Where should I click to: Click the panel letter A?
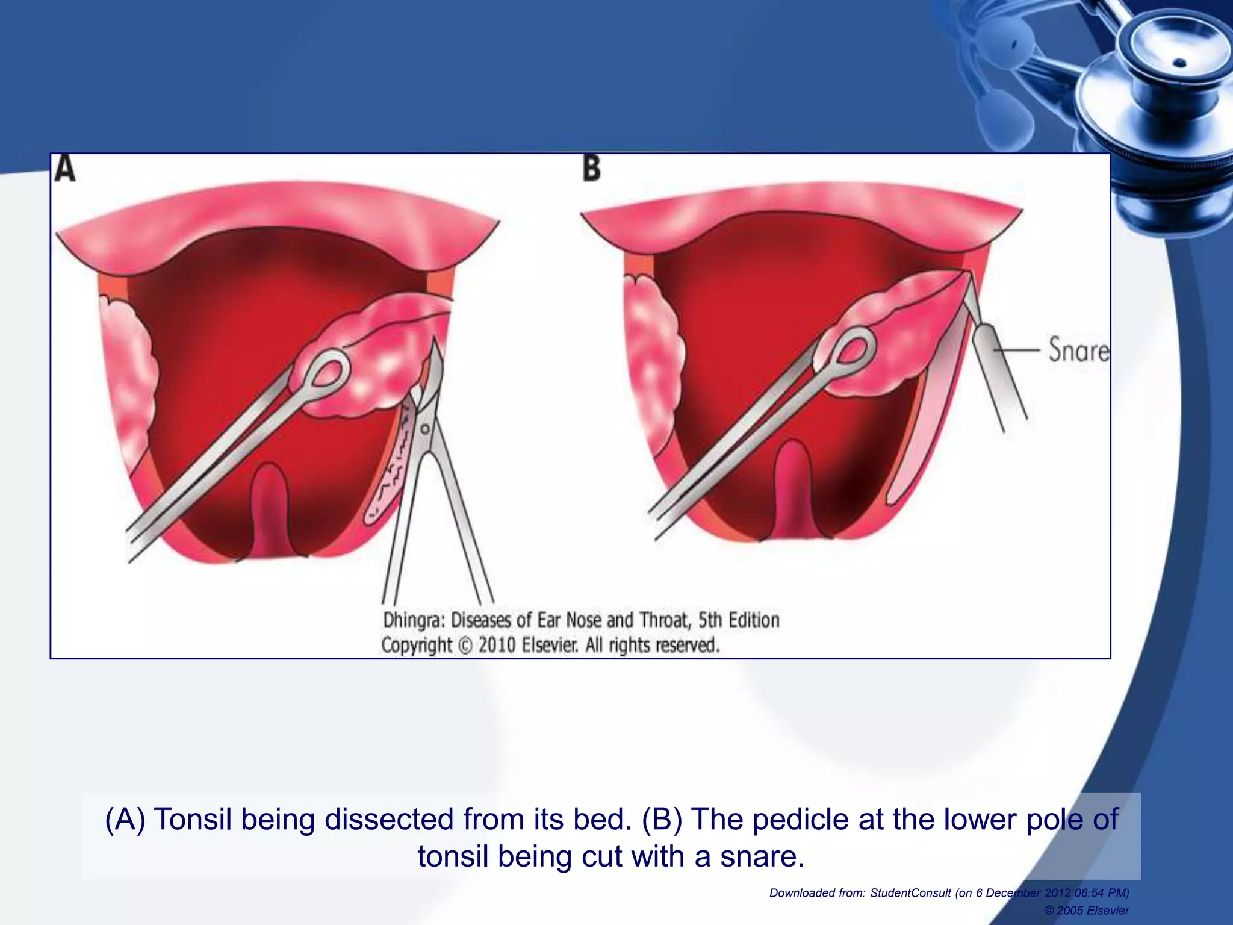coord(64,168)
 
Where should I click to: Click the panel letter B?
coord(592,168)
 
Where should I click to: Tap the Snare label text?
coord(1078,350)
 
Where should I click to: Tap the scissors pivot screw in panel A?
coord(425,429)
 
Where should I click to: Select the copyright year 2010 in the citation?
coord(497,646)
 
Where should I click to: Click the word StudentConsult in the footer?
coord(910,893)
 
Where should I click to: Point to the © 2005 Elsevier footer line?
coord(1087,911)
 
